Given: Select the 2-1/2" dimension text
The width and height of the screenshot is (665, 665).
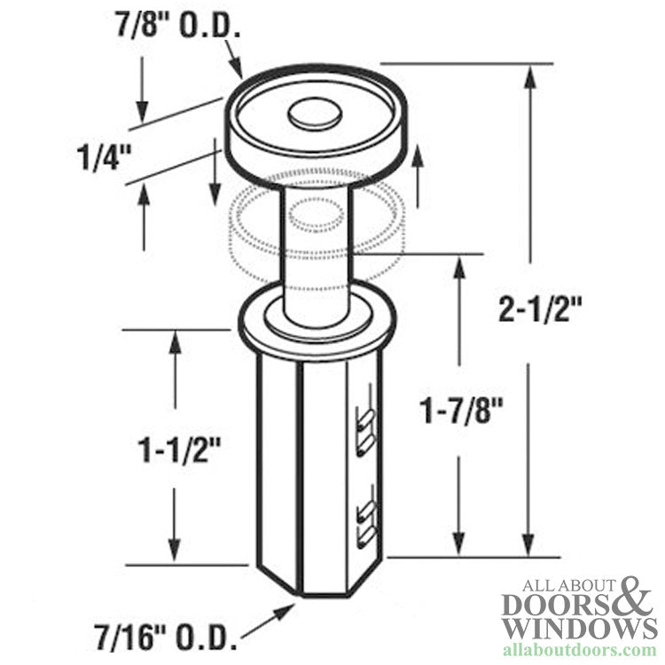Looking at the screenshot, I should coord(540,311).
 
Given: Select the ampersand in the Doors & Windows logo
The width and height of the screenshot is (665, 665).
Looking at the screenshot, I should coord(635,598).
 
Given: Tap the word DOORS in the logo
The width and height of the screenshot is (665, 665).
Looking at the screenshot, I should coord(554,604).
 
